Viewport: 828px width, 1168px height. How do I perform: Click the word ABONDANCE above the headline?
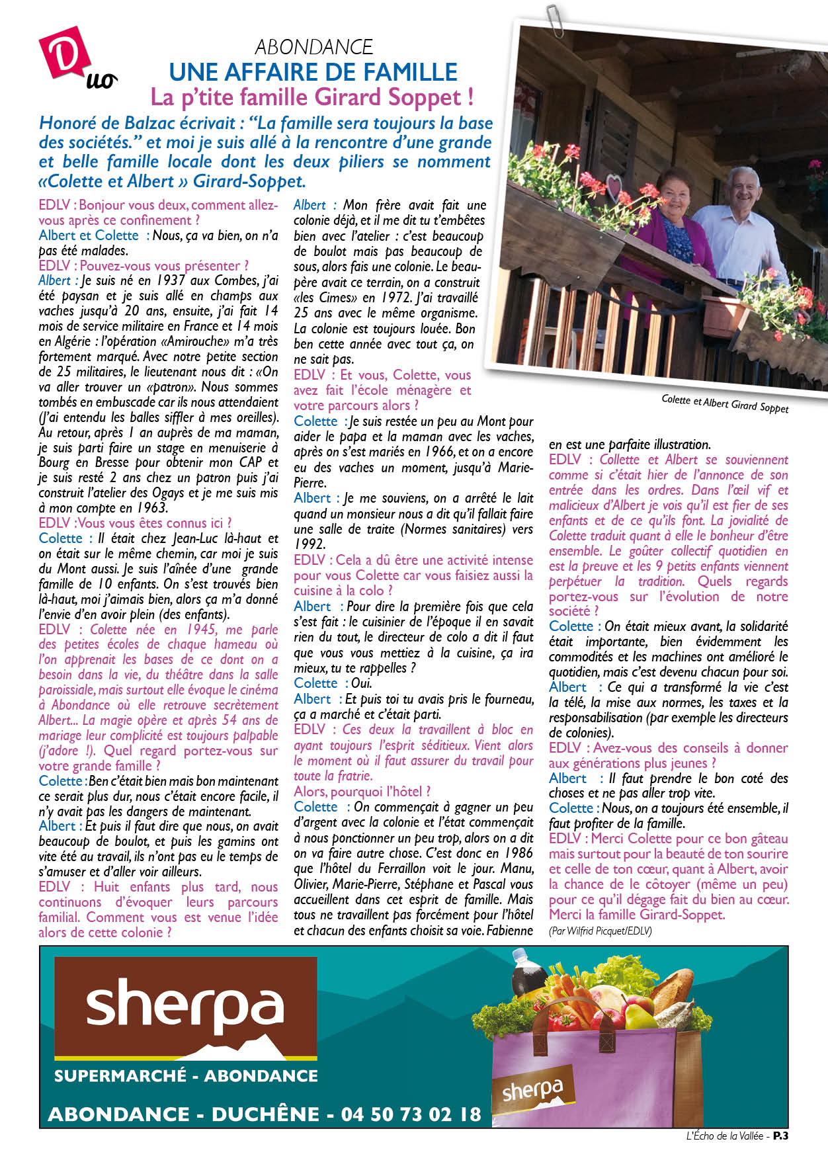tap(313, 47)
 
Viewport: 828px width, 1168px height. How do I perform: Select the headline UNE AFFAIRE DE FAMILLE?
tap(313, 71)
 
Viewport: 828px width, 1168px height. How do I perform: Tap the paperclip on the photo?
tap(554, 20)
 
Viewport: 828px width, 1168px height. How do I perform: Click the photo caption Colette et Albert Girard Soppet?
tap(725, 403)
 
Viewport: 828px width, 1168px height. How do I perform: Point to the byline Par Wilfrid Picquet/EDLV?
tap(600, 931)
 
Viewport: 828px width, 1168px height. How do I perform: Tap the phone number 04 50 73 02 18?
tap(411, 1114)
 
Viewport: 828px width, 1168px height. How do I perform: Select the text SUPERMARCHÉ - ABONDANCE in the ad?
tap(186, 1076)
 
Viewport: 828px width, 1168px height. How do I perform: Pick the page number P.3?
tap(781, 1136)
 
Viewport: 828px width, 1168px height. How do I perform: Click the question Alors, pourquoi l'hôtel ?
tap(362, 792)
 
